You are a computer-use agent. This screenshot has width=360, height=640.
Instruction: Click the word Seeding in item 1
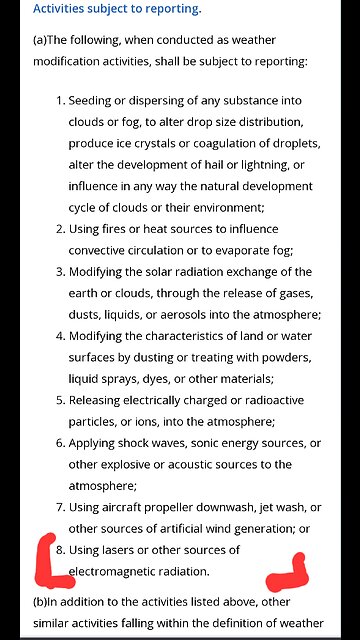point(93,100)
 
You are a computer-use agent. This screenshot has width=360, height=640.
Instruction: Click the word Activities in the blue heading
point(66,9)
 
